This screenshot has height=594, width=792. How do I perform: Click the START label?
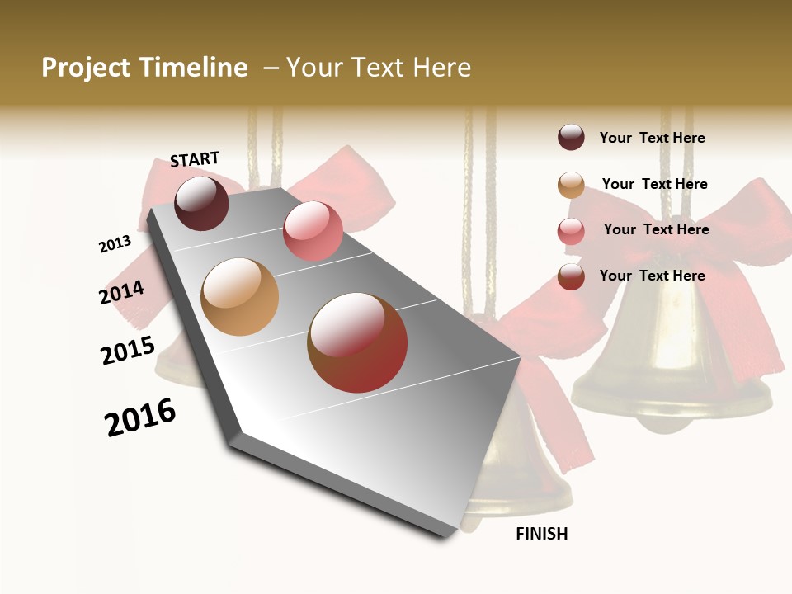(195, 159)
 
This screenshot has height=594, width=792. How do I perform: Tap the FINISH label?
(541, 534)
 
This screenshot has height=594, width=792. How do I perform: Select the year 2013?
(115, 244)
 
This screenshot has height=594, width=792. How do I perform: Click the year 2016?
(140, 417)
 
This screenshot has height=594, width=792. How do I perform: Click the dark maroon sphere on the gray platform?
(201, 203)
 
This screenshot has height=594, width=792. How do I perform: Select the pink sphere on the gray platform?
(313, 231)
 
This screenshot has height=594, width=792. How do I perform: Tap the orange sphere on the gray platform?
(239, 297)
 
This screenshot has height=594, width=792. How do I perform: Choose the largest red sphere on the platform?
(357, 342)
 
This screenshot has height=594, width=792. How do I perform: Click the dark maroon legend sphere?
(571, 138)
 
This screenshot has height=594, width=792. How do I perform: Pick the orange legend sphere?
(571, 185)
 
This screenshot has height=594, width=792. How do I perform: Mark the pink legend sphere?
(571, 231)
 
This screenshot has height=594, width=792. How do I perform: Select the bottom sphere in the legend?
(571, 276)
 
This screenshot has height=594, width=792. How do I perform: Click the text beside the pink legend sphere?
(656, 229)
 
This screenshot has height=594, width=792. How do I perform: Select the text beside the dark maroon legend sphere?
(652, 138)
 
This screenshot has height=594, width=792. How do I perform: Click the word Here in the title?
(441, 68)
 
